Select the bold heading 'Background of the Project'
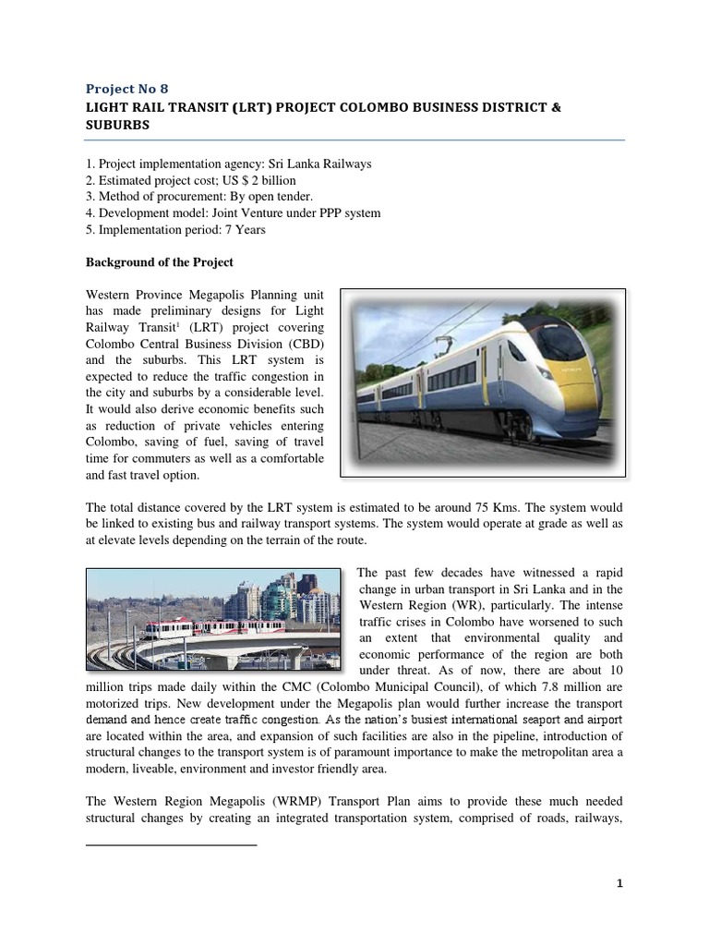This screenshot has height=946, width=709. (159, 263)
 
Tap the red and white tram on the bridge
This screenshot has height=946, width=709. (170, 628)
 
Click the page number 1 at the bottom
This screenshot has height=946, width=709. (620, 883)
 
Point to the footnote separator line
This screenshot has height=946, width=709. (171, 844)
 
